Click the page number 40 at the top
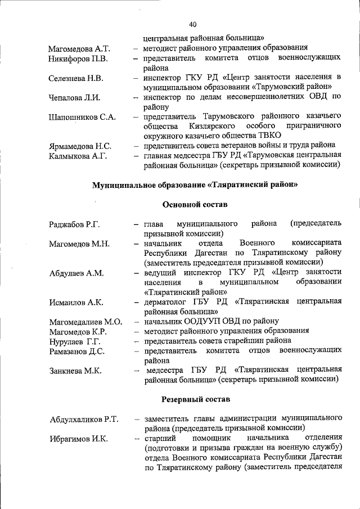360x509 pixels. [x=193, y=24]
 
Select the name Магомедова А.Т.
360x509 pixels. [x=79, y=49]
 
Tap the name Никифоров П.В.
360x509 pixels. [x=78, y=58]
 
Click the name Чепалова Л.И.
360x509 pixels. [x=74, y=97]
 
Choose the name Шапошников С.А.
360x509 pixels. [x=82, y=117]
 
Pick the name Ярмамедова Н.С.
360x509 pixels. [x=79, y=146]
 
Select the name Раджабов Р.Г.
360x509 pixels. [x=74, y=224]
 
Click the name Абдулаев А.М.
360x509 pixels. [x=76, y=273]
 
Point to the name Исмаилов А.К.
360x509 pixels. [x=76, y=303]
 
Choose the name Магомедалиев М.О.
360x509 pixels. [x=85, y=322]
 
